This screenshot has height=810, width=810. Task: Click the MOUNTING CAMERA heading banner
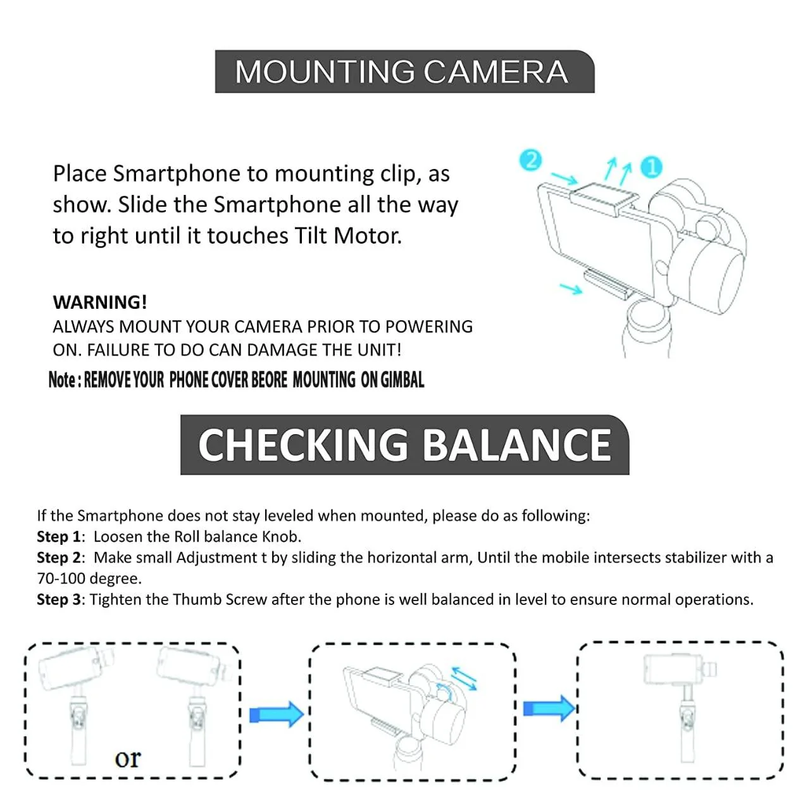pos(404,72)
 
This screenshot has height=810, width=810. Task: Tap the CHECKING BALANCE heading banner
pos(404,445)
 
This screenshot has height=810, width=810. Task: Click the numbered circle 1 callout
pos(651,167)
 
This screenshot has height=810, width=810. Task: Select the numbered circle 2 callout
pos(531,159)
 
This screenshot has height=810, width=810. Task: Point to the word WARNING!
pos(100,302)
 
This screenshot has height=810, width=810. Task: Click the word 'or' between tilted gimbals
pos(128,757)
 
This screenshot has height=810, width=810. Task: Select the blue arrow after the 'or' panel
pos(276,714)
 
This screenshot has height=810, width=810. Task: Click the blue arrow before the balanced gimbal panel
pos(549,707)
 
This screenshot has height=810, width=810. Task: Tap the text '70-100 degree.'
pos(89,578)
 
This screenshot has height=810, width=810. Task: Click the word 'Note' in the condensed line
pos(62,380)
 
